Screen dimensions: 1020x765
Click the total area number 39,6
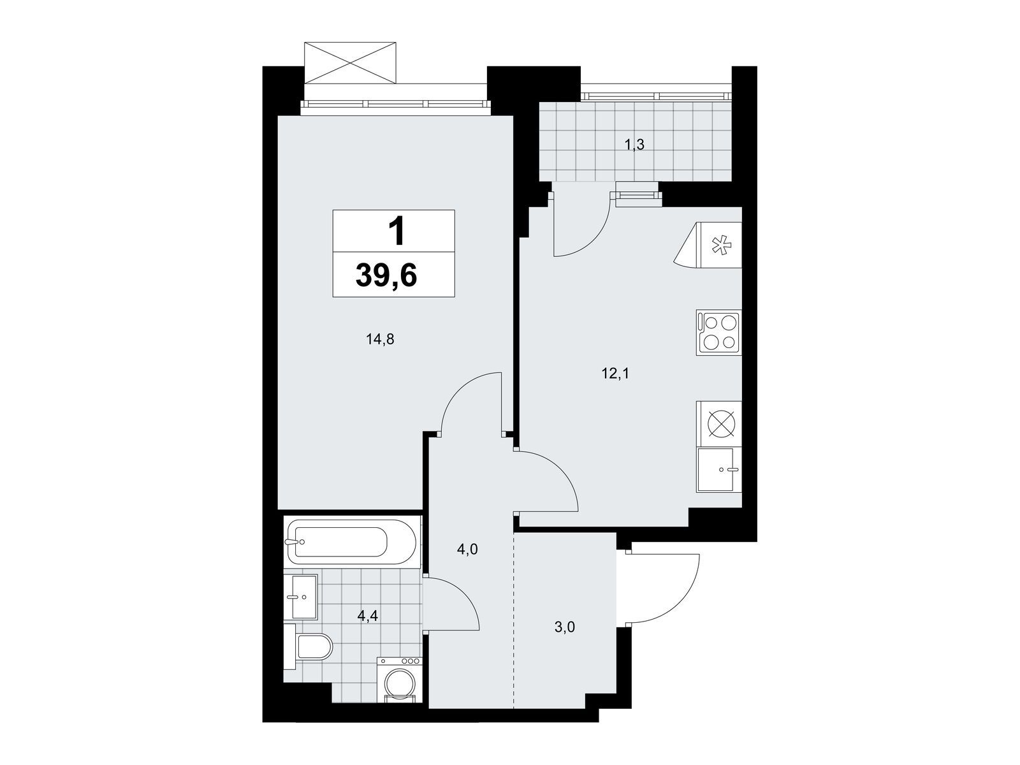point(386,276)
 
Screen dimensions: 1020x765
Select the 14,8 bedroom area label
point(380,340)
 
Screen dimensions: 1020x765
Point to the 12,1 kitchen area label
point(615,374)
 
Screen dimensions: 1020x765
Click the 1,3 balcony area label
point(634,145)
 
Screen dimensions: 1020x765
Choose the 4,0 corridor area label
point(467,550)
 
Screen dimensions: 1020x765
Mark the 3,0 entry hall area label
point(565,627)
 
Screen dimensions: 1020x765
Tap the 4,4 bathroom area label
point(368,616)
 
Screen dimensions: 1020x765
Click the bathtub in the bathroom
point(351,542)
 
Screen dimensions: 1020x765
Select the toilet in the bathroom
point(309,646)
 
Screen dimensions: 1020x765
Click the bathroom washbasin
point(301,597)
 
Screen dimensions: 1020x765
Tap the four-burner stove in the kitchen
point(718,333)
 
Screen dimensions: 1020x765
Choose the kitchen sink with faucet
point(718,470)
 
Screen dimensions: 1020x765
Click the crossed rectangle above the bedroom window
point(351,62)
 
